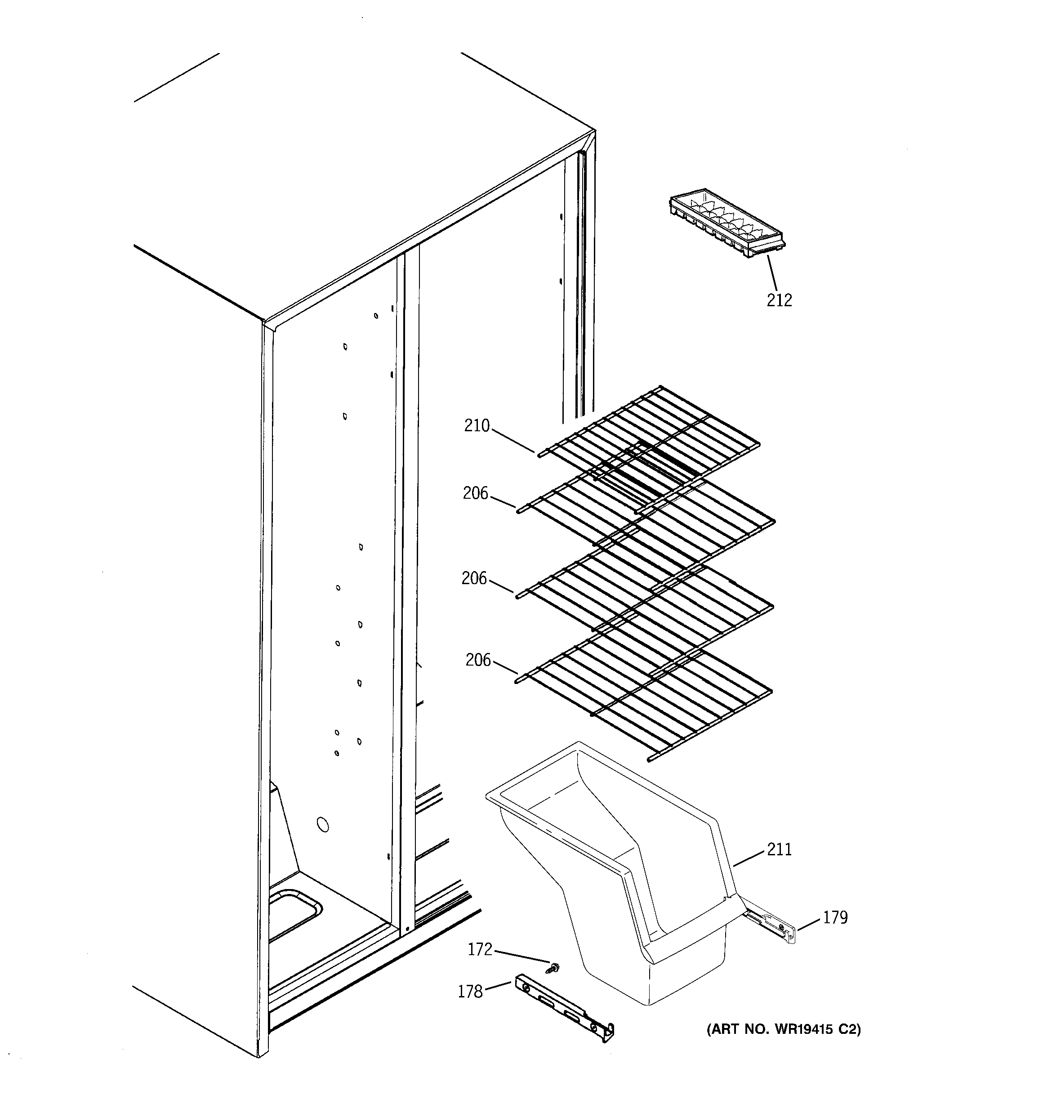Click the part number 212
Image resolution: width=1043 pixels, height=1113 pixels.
pyautogui.click(x=779, y=301)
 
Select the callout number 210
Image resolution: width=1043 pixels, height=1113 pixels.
pyautogui.click(x=477, y=426)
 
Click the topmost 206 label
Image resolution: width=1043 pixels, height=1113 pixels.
pyautogui.click(x=475, y=493)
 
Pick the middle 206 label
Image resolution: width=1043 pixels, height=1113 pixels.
pyautogui.click(x=474, y=578)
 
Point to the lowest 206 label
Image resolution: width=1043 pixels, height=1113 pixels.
pyautogui.click(x=478, y=660)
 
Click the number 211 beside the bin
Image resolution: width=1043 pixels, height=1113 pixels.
pyautogui.click(x=779, y=849)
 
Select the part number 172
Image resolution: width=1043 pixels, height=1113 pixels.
pyautogui.click(x=480, y=949)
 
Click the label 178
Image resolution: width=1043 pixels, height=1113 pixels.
pyautogui.click(x=470, y=992)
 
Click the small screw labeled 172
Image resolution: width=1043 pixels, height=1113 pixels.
pyautogui.click(x=555, y=966)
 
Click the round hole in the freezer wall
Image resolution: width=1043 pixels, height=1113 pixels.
pyautogui.click(x=322, y=824)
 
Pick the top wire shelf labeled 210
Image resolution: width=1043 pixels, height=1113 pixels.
pyautogui.click(x=650, y=443)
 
